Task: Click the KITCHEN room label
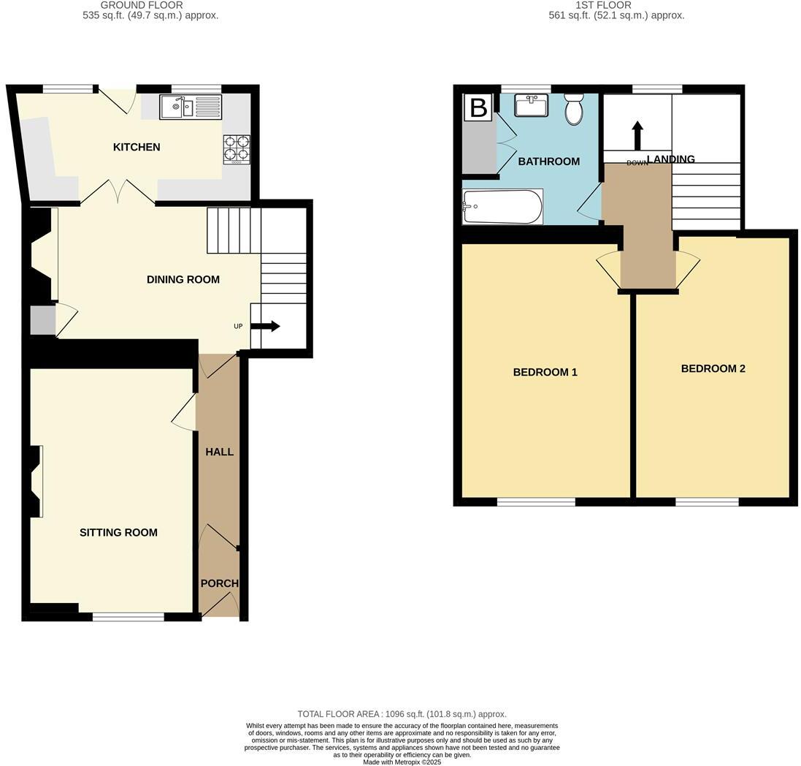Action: click(x=136, y=147)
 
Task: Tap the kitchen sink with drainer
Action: click(x=190, y=108)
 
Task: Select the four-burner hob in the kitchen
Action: click(x=237, y=149)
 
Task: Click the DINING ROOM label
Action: click(x=183, y=279)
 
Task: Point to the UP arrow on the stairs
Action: click(x=265, y=326)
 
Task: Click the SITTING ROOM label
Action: click(x=118, y=532)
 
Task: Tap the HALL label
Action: click(x=219, y=452)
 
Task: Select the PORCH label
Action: click(x=219, y=583)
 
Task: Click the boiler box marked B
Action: click(x=478, y=108)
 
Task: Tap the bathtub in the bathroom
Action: click(x=502, y=207)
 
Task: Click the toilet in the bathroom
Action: click(x=573, y=110)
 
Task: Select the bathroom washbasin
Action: click(x=532, y=105)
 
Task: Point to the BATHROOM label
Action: click(x=548, y=162)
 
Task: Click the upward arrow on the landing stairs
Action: click(x=637, y=135)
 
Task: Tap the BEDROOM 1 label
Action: click(x=545, y=372)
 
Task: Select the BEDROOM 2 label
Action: click(x=713, y=368)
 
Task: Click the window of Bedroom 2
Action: click(x=706, y=501)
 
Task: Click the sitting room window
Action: click(x=128, y=617)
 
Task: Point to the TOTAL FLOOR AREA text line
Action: click(x=402, y=713)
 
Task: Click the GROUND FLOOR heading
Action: click(x=142, y=5)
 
